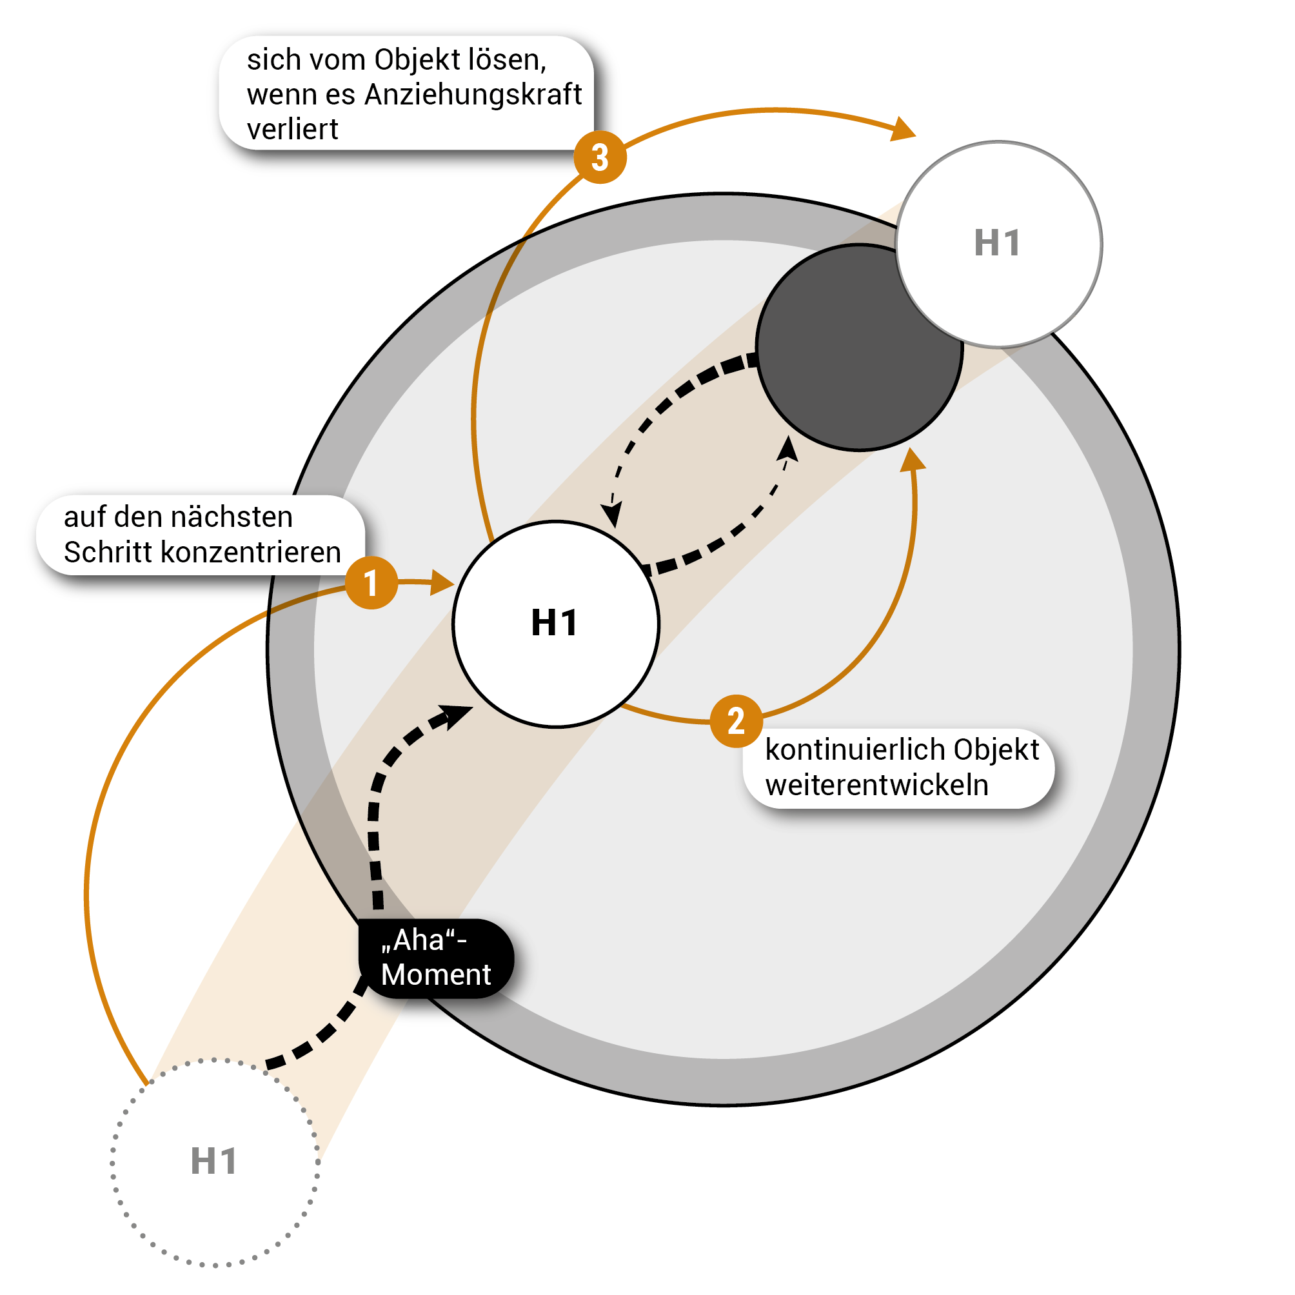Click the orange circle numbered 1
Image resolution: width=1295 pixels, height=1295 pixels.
pos(371,582)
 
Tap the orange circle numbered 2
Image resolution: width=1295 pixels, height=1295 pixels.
pos(736,721)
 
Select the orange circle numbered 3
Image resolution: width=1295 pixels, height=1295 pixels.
pos(600,157)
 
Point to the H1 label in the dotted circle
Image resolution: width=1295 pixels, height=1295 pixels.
pos(214,1161)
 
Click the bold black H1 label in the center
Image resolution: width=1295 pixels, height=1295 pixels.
pos(555,623)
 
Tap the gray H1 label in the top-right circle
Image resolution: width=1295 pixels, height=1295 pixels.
pos(998,242)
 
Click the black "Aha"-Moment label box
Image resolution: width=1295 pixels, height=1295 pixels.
pos(437,958)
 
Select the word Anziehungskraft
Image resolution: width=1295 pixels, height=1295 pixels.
pos(473,95)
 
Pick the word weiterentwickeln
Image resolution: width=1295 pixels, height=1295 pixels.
pos(876,785)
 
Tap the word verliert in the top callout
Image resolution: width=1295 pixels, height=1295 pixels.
pos(292,130)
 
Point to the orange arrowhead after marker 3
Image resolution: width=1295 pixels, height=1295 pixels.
pos(904,130)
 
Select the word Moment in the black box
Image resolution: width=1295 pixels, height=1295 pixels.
pos(437,974)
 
